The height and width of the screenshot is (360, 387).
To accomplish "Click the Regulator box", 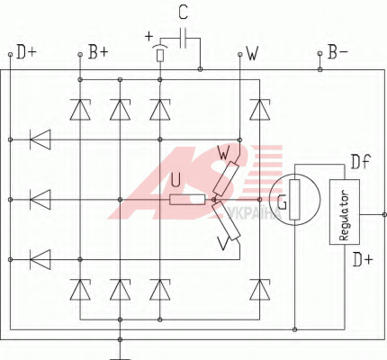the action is pos(345,211).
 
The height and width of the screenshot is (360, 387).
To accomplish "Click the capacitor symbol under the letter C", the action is pos(183,38).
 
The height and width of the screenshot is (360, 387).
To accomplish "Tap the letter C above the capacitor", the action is pos(183,12).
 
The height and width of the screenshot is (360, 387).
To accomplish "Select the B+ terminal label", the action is pos(98,52).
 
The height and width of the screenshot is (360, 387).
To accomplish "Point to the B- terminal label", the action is pos(337,51).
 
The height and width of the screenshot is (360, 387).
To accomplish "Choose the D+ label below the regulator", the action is pos(362,259).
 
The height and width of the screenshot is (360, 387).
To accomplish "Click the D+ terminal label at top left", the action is pos(26,52).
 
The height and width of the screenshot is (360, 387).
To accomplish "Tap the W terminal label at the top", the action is pos(252,53).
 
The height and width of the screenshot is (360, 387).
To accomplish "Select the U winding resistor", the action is pos(187,200).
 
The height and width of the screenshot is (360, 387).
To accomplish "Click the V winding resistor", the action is pos(226,220).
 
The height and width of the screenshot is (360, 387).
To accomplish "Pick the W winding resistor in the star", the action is pos(226,178).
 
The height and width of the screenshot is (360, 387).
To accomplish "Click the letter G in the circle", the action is pos(282,202).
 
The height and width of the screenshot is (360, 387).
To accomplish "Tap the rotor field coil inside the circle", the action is pos(294,200).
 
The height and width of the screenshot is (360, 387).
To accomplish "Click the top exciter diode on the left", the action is pos(40,139).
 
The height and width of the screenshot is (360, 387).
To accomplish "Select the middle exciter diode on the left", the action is pos(40,200).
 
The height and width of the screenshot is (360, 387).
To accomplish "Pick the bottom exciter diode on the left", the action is pos(40,259).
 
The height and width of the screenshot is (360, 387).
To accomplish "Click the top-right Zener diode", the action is pos(260,110).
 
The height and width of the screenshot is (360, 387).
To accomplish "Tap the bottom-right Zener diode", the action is pos(260,290).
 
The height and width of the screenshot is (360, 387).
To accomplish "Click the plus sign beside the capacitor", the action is pos(148,36).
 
